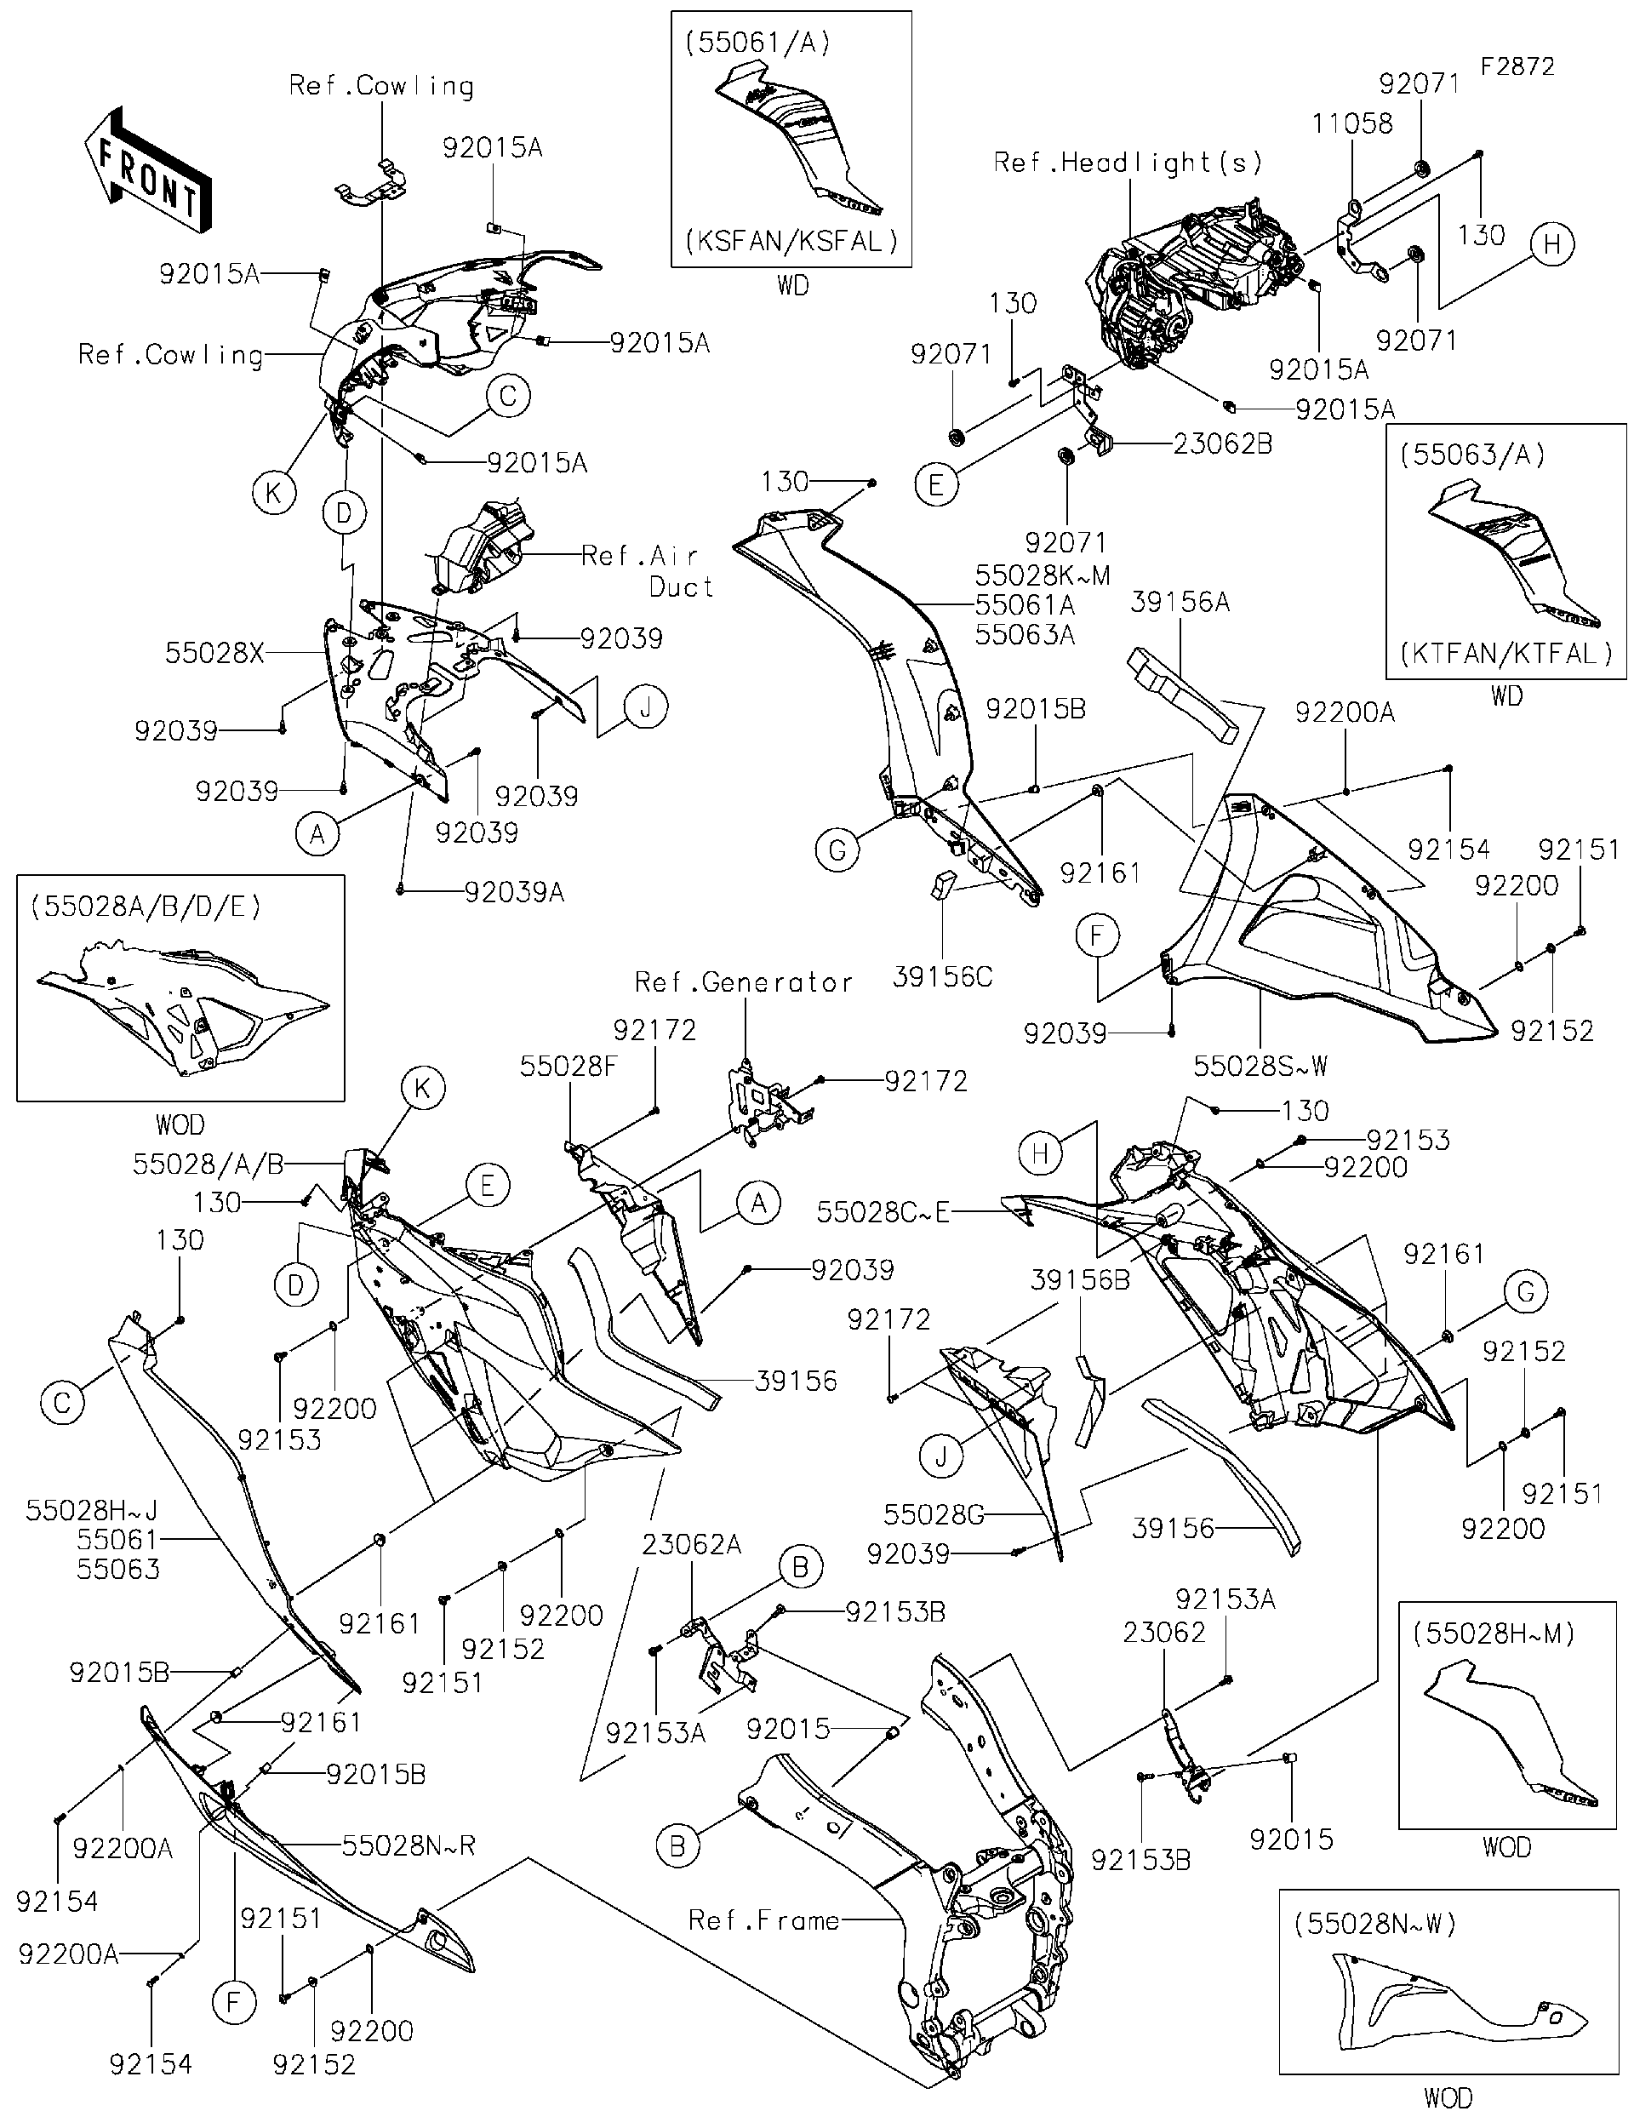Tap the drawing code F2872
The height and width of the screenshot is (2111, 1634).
1517,66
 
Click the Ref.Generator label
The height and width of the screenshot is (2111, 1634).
744,983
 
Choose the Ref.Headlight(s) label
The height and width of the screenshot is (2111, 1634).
1128,162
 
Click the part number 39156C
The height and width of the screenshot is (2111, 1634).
942,977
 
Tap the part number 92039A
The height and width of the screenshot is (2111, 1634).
514,892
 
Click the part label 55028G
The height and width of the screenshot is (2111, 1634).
934,1514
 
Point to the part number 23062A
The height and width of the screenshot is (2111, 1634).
692,1545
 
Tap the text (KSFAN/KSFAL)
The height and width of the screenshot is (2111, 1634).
791,241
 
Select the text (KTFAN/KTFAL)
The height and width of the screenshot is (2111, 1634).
1506,654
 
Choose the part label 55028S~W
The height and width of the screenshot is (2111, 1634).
1261,1066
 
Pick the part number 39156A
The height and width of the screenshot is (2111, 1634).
1180,602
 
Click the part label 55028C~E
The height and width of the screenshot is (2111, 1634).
883,1211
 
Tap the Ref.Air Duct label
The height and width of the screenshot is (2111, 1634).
648,571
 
